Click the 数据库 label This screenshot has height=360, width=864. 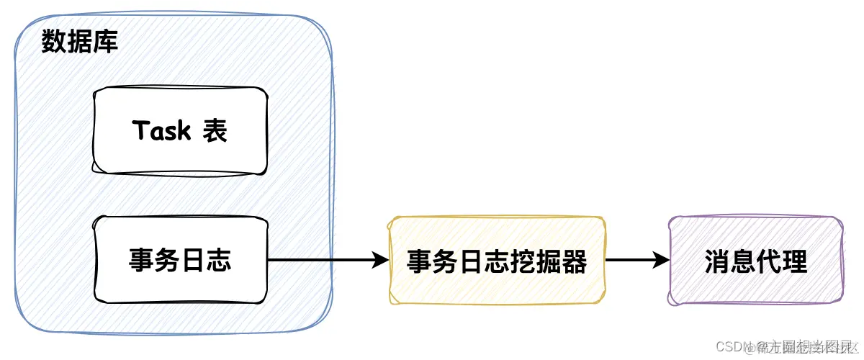(x=80, y=41)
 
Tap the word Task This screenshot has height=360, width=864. (x=162, y=131)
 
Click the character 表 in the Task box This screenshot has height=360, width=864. (x=215, y=131)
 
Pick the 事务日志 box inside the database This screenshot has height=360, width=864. (x=180, y=260)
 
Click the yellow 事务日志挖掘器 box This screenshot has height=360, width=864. (x=497, y=261)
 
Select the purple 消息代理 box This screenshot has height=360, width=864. (x=756, y=261)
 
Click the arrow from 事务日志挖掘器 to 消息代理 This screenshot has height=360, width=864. (x=637, y=260)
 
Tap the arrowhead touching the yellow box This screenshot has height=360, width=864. (x=381, y=260)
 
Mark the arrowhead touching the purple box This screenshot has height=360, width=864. (x=662, y=260)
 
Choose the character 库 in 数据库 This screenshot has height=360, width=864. (x=106, y=41)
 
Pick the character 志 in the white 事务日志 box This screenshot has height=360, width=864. (x=219, y=260)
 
